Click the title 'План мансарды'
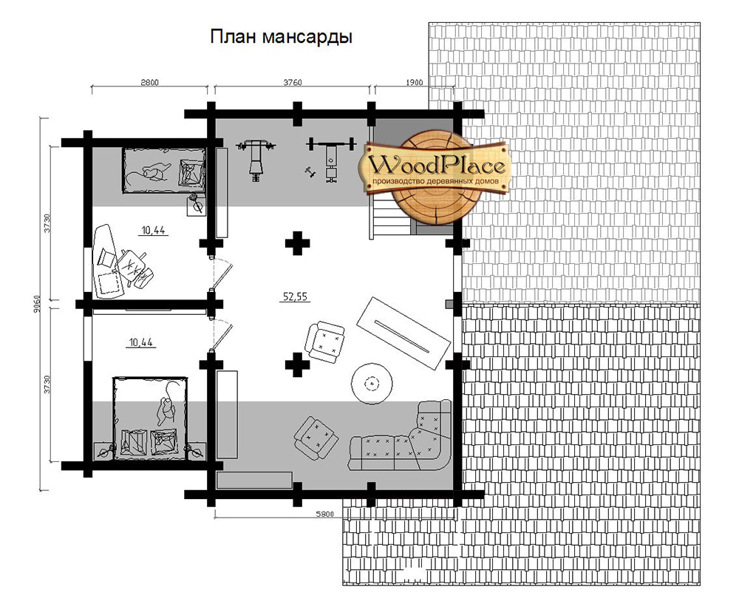click(x=281, y=37)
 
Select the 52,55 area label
click(x=295, y=296)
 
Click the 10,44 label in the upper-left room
click(x=153, y=231)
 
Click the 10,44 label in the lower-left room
click(x=141, y=342)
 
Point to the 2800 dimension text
click(x=149, y=83)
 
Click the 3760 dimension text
click(x=292, y=83)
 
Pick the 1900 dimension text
click(x=414, y=83)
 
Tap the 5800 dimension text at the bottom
click(x=324, y=514)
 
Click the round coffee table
click(x=372, y=384)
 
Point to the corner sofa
click(x=400, y=435)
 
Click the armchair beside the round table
click(x=324, y=342)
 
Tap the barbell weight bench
click(x=331, y=158)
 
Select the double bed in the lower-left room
click(x=150, y=417)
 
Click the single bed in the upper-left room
click(x=164, y=170)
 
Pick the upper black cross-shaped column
click(x=297, y=243)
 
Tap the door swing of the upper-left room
click(x=220, y=273)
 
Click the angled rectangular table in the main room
click(x=403, y=333)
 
